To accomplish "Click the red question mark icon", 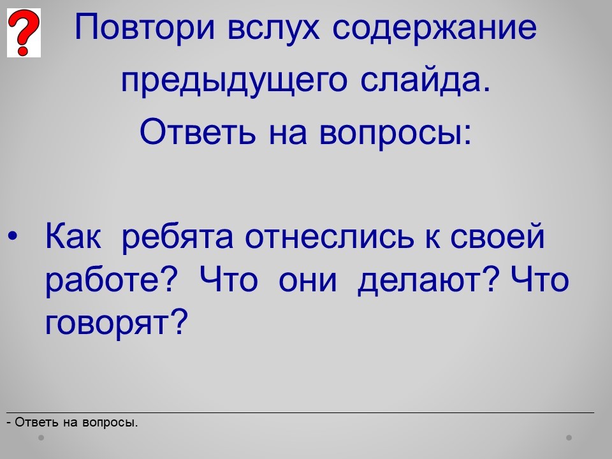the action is click(24, 33).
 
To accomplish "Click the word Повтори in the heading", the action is click(145, 27).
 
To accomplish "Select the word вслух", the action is click(273, 28).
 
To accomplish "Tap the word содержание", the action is click(434, 28).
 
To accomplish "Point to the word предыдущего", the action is click(234, 81).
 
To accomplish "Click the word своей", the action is click(497, 237).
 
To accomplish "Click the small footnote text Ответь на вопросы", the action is click(73, 422).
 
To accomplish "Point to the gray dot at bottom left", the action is click(41, 437).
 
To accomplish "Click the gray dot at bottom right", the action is click(569, 437).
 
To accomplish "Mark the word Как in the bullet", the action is click(73, 236).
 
